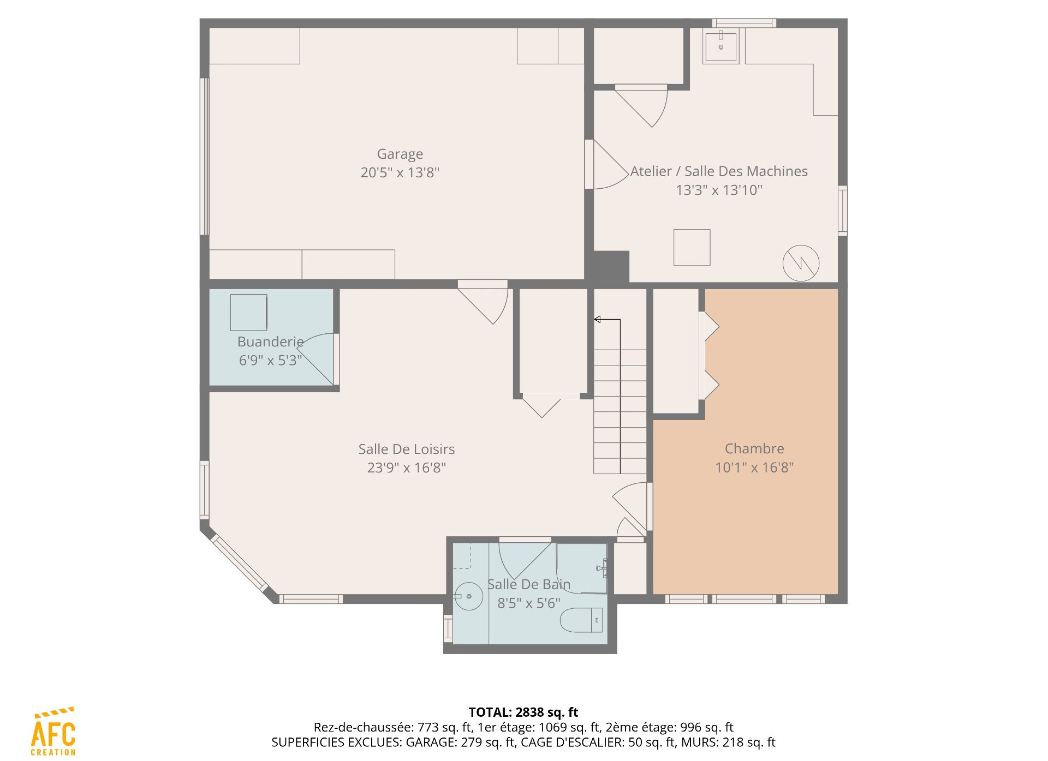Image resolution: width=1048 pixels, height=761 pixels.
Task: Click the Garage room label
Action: pos(400,154)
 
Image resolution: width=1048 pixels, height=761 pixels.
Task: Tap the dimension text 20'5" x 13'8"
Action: pos(400,173)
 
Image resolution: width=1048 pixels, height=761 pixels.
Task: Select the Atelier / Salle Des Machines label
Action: pos(719,171)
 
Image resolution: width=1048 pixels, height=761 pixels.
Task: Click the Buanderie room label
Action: pos(270,342)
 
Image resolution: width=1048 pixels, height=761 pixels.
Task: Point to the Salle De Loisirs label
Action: pos(407,449)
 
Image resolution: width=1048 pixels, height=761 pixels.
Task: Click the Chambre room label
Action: pos(754,448)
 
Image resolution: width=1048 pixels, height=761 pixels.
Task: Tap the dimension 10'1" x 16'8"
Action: pos(754,468)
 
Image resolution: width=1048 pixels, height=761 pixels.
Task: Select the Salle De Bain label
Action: pos(528,585)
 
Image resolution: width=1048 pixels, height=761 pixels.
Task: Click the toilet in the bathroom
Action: pos(582,620)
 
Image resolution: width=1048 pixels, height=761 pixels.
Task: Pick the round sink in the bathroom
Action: pos(469,596)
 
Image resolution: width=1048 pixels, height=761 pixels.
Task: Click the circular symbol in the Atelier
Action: pos(801,263)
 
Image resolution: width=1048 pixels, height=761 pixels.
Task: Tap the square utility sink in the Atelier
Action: pos(720,46)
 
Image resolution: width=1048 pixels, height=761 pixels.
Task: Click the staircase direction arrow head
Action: pos(597,319)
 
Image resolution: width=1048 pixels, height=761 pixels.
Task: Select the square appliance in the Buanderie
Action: pos(249,313)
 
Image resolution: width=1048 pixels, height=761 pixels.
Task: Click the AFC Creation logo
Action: pos(53,732)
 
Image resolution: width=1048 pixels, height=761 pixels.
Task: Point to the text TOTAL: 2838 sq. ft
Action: pos(523,712)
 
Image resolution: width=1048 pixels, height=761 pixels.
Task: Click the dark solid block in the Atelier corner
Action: pos(611,267)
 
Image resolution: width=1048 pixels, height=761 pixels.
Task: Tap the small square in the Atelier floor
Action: pos(692,247)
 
